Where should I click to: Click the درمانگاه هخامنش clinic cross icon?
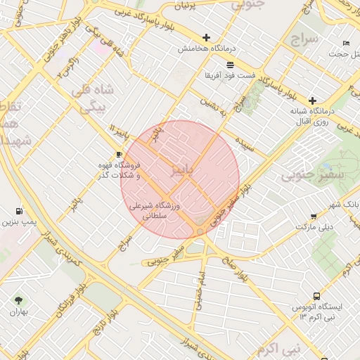tap(206, 37)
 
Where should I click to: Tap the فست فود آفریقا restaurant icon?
tap(230, 65)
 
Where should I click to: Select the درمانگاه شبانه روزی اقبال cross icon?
tap(312, 101)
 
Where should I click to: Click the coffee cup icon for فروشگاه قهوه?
tap(119, 154)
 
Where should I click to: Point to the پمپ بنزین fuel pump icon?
tap(18, 211)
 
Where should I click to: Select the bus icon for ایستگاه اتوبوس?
tap(316, 297)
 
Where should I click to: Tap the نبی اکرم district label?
tap(278, 349)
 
